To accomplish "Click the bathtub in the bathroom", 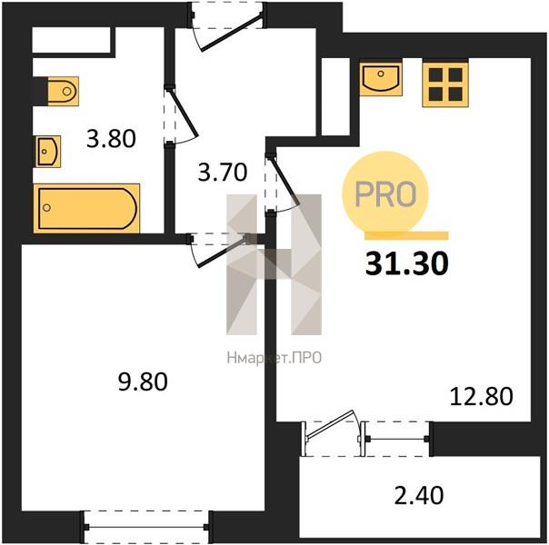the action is (86, 208).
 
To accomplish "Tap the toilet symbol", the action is (63, 92).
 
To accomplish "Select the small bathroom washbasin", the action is (48, 152).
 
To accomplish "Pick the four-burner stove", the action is (445, 84).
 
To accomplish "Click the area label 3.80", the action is (111, 139).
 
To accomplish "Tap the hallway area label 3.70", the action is (223, 172).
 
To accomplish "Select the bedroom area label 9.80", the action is (143, 381).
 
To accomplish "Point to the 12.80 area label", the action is (481, 397).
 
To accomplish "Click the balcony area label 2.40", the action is (419, 496).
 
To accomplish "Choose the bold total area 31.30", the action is (407, 263).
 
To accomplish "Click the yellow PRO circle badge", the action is (385, 193).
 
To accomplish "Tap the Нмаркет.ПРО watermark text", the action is (274, 358).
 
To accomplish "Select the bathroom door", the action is (180, 115).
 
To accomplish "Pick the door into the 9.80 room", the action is (222, 249).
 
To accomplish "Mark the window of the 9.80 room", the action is (146, 527).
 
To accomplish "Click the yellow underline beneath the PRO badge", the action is (406, 236).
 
